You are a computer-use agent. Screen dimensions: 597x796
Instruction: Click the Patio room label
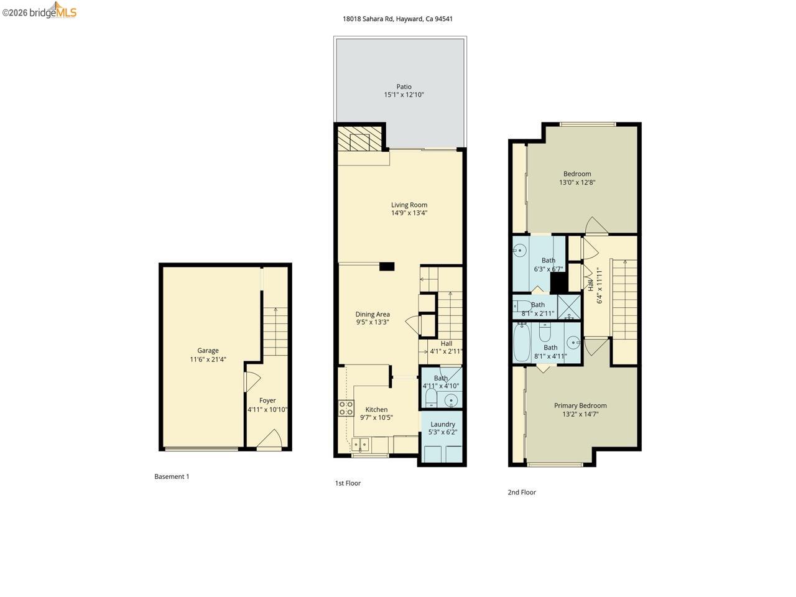pos(404,86)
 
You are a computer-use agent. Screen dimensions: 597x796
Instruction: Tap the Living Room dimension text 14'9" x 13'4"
pos(409,213)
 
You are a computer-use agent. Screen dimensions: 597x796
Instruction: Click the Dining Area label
pos(373,314)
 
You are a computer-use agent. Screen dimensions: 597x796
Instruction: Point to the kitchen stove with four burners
pos(346,409)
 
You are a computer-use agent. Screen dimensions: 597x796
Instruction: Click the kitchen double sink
pos(360,445)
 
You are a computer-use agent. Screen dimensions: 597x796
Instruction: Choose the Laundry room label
pos(443,424)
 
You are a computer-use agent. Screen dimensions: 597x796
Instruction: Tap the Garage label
pos(208,350)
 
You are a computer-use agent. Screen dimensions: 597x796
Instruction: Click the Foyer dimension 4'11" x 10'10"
pos(267,409)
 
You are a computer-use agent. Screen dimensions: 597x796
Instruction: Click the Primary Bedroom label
pos(580,405)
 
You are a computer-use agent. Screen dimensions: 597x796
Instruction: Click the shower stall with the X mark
pos(568,307)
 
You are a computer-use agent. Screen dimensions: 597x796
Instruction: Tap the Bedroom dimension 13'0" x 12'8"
pos(577,182)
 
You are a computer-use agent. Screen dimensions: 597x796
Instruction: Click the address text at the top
pos(397,19)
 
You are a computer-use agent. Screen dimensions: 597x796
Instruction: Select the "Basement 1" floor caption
pos(172,476)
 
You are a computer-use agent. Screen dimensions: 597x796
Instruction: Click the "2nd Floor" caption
pos(521,492)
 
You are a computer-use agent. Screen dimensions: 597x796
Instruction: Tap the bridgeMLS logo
pos(40,11)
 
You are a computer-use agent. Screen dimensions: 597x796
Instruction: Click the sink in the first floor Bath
pos(451,399)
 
